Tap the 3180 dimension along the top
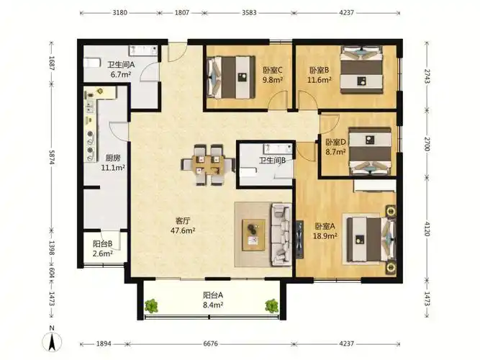coord(120,13)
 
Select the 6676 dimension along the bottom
coord(211,343)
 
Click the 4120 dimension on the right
coord(427,228)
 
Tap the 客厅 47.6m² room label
coord(183,225)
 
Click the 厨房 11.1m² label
coord(113,163)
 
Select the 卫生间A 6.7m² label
coord(121,70)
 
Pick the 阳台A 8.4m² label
coord(213,300)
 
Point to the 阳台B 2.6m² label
coord(103,248)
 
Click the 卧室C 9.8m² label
coord(273,75)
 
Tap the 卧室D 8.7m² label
coord(335,147)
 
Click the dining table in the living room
coord(208,165)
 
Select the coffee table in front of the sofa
coord(253,235)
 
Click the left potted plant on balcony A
coord(151,306)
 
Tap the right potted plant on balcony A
coord(271,305)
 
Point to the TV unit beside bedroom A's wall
coord(299,240)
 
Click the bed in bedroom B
coord(362,70)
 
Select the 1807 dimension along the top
coord(182,13)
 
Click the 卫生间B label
coord(272,161)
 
